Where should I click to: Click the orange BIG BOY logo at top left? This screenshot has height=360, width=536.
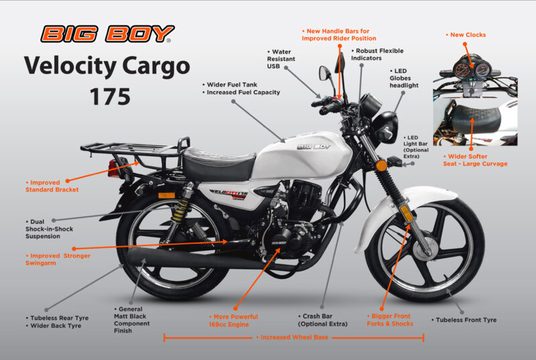tap(107, 34)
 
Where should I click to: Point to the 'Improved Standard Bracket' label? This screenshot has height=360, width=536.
tap(52, 186)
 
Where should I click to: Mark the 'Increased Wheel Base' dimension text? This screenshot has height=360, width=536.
tap(293, 337)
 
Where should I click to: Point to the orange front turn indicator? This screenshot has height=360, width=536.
tap(381, 165)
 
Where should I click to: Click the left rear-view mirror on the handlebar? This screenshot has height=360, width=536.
tap(325, 72)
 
